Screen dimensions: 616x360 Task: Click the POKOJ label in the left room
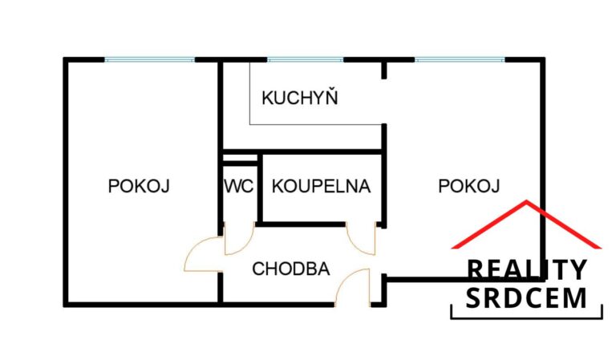(x=139, y=186)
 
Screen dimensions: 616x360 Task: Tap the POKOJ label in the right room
(x=468, y=186)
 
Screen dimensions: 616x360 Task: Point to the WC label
(x=238, y=186)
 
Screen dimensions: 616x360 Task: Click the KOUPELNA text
(x=321, y=186)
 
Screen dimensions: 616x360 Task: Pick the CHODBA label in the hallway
(x=290, y=269)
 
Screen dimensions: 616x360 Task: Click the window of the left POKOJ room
(x=150, y=59)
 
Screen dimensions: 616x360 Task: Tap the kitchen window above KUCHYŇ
(x=306, y=59)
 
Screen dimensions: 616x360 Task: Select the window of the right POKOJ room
(x=460, y=59)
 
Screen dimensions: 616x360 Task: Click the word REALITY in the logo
(x=526, y=269)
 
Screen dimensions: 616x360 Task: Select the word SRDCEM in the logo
(x=526, y=298)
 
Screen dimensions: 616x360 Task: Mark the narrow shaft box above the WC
(x=240, y=158)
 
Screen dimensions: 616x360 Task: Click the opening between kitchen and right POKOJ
(x=384, y=101)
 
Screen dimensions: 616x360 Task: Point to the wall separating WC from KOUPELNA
(x=260, y=188)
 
